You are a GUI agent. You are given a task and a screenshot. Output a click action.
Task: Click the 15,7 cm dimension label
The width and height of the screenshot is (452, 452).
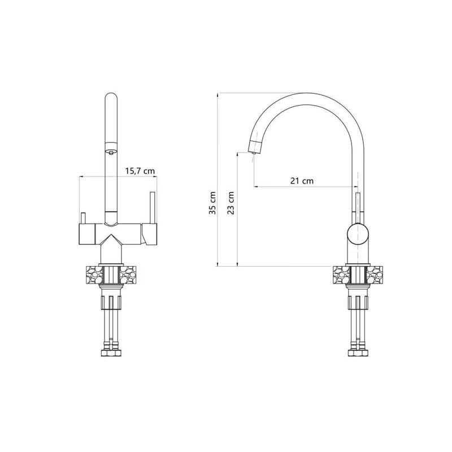tap(140, 171)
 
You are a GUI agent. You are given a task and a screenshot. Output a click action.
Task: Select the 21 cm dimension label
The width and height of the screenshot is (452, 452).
tap(302, 181)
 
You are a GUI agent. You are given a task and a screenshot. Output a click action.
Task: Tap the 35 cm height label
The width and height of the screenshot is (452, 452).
tap(213, 203)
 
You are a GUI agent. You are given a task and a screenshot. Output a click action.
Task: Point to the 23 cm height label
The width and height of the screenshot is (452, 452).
tap(231, 203)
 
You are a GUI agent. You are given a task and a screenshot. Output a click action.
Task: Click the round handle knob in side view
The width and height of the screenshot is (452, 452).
tap(358, 234)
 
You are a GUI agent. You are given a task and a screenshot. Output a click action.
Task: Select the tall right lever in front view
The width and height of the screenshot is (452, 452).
tap(153, 207)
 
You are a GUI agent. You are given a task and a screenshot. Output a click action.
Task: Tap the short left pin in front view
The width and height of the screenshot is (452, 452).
tap(83, 218)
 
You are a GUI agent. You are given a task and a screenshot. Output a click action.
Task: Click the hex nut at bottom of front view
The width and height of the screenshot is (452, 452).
tap(111, 353)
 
